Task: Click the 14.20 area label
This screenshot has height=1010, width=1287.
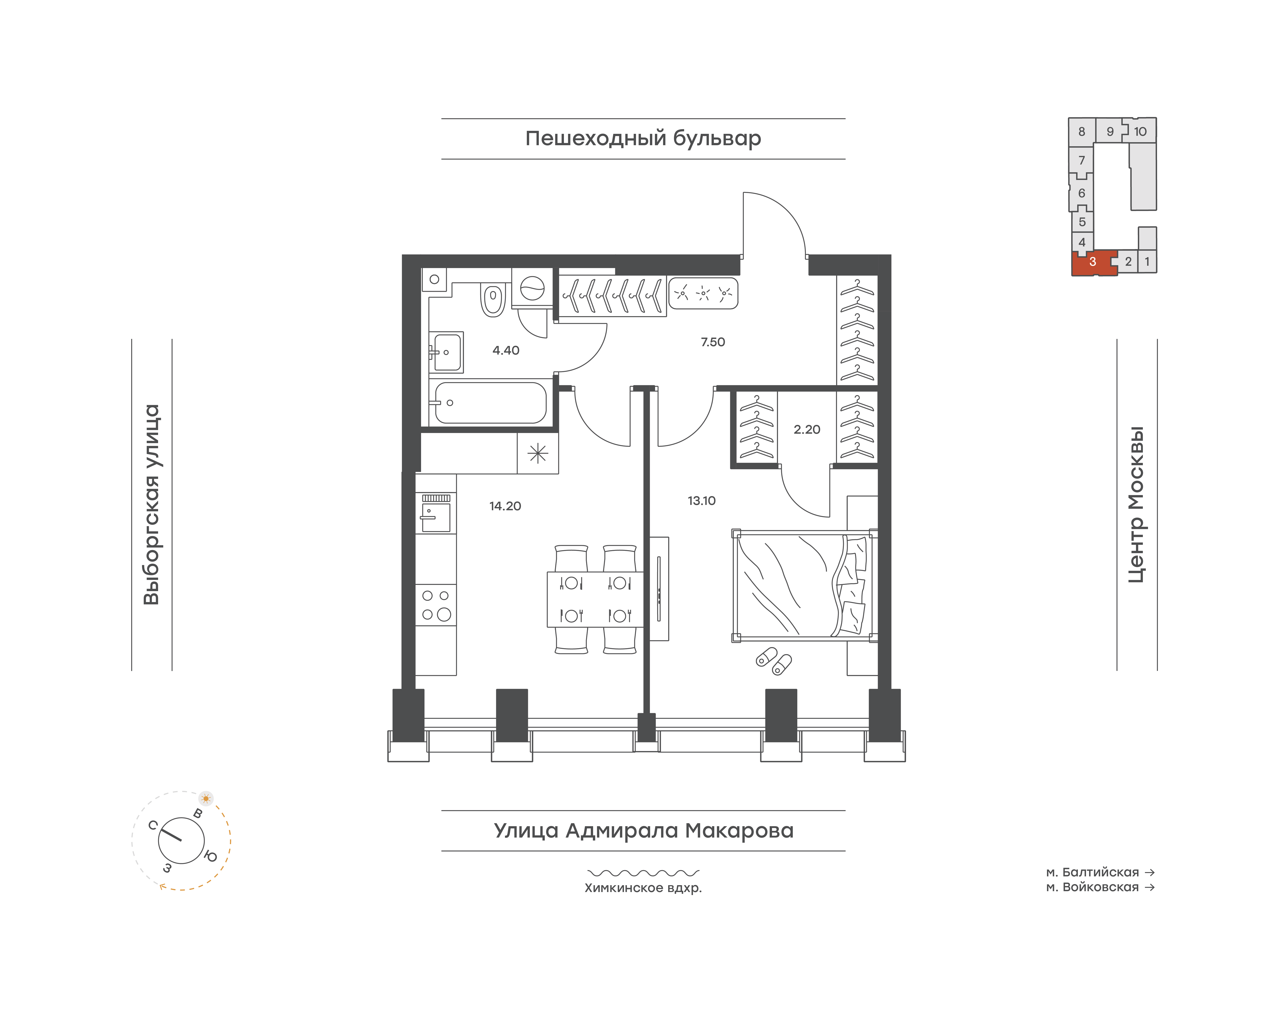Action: coord(505,506)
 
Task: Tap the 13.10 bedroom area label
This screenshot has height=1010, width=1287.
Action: coord(701,501)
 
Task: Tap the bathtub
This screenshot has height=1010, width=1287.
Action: coord(490,403)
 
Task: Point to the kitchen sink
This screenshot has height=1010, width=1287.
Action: coord(436,513)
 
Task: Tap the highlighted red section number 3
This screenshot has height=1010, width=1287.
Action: coord(1092,261)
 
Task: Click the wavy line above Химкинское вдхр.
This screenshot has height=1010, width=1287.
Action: coord(643,873)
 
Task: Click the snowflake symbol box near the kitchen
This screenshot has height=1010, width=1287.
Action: coord(538,454)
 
